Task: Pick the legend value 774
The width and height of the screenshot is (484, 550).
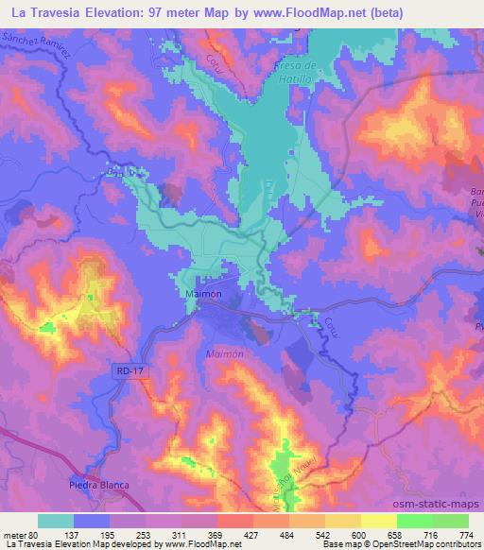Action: click(467, 535)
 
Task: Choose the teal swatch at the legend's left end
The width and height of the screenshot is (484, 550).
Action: click(56, 521)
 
